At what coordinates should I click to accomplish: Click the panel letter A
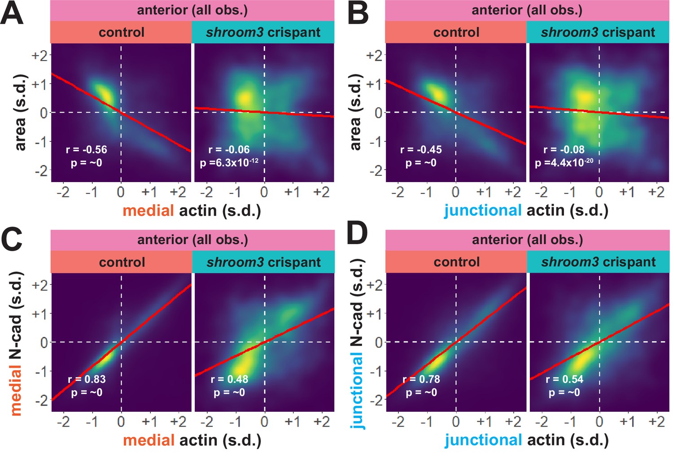click(12, 13)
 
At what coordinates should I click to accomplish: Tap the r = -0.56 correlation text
click(86, 149)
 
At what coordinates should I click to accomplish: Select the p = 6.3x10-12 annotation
click(229, 162)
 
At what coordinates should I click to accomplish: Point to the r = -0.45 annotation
click(421, 149)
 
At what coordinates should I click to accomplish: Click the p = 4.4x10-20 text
click(564, 162)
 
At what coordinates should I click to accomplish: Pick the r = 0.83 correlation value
click(87, 379)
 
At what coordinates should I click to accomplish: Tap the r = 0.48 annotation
click(229, 379)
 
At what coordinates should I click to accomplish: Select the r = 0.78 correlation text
click(421, 379)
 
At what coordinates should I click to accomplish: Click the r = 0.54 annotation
click(564, 379)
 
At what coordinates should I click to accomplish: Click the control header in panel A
click(121, 32)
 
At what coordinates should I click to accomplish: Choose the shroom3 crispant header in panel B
click(598, 32)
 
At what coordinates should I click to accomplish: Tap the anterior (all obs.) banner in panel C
click(192, 240)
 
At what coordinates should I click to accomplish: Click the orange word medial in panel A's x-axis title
click(148, 210)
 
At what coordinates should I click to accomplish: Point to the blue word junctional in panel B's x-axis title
click(483, 210)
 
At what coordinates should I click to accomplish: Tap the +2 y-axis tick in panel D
click(375, 285)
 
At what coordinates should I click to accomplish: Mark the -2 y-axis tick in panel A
click(40, 170)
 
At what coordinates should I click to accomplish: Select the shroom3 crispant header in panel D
click(598, 262)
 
